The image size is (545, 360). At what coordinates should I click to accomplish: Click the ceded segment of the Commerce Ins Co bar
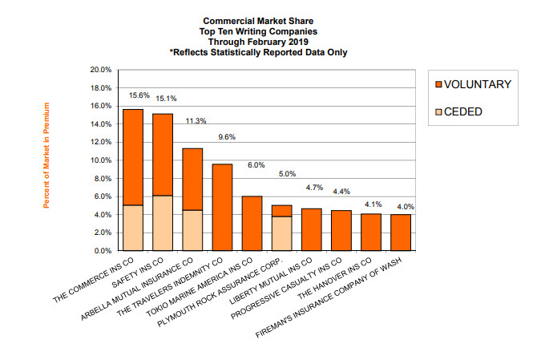[132, 228]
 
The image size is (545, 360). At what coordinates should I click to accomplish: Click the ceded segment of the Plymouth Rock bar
[282, 233]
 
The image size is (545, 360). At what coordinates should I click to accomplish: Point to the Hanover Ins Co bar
[371, 233]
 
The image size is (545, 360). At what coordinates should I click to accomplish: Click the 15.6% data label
[139, 96]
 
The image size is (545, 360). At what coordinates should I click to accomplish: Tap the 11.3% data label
[196, 121]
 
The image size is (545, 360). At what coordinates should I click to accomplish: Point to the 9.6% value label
[227, 137]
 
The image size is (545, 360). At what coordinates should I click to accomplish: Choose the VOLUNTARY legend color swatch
[437, 84]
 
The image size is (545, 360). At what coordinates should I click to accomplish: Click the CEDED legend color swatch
[437, 111]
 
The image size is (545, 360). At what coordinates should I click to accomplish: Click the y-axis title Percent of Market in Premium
[47, 156]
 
